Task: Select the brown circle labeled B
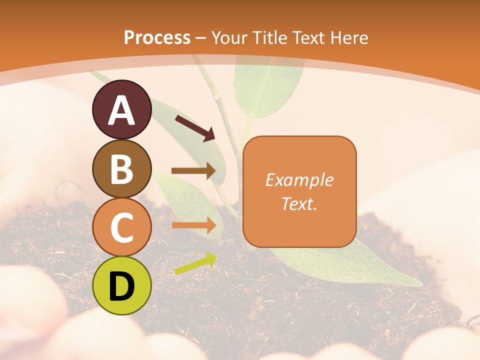(122, 168)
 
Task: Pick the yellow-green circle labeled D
(122, 285)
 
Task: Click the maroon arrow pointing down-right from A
(195, 127)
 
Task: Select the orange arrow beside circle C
(193, 225)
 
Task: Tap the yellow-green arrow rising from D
(195, 264)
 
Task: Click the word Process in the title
(157, 37)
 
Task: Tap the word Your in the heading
(228, 37)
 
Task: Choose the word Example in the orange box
(299, 180)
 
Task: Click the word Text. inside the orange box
(299, 203)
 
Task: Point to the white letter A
(122, 110)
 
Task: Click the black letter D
(122, 287)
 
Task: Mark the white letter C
(122, 227)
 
